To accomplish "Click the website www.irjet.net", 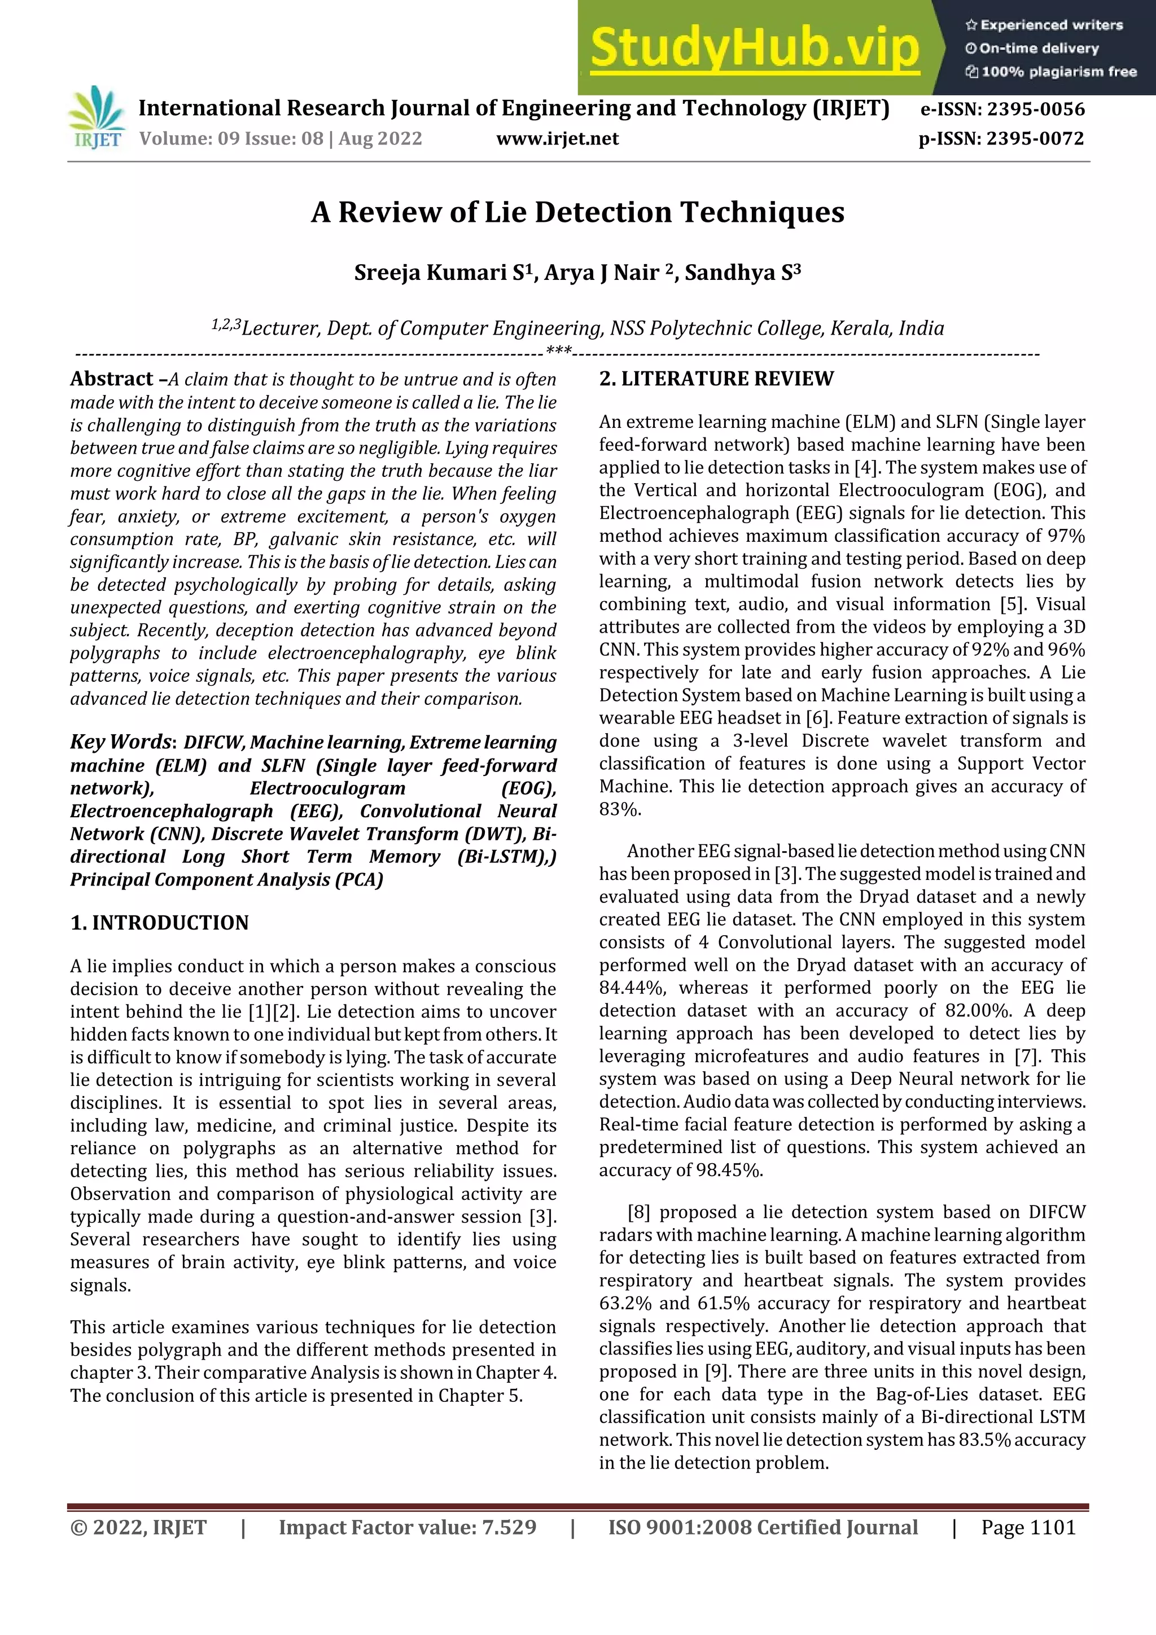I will pos(557,138).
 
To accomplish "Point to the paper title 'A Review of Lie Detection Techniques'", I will pos(577,212).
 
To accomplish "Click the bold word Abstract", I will pos(112,379).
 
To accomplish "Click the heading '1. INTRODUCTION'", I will pos(160,923).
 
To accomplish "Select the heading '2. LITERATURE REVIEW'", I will pos(716,379).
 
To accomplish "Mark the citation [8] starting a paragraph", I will pos(638,1212).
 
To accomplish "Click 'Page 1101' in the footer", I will pos(1028,1527).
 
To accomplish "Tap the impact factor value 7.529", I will pos(509,1527).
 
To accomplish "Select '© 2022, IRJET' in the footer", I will pos(138,1527).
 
